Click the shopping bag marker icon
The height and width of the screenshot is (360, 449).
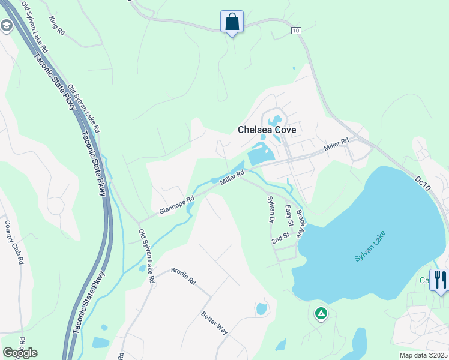pyautogui.click(x=232, y=22)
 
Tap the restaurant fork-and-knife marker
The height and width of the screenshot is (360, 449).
pyautogui.click(x=439, y=280)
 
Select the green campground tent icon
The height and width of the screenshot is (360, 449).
pyautogui.click(x=321, y=313)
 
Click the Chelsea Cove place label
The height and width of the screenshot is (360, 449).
pyautogui.click(x=267, y=129)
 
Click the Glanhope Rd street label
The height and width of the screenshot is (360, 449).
pyautogui.click(x=177, y=206)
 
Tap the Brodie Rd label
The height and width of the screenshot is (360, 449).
pyautogui.click(x=184, y=275)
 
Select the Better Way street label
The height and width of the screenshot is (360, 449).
pyautogui.click(x=214, y=322)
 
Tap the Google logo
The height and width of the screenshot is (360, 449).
pyautogui.click(x=20, y=353)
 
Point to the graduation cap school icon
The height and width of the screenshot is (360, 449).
pyautogui.click(x=7, y=26)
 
